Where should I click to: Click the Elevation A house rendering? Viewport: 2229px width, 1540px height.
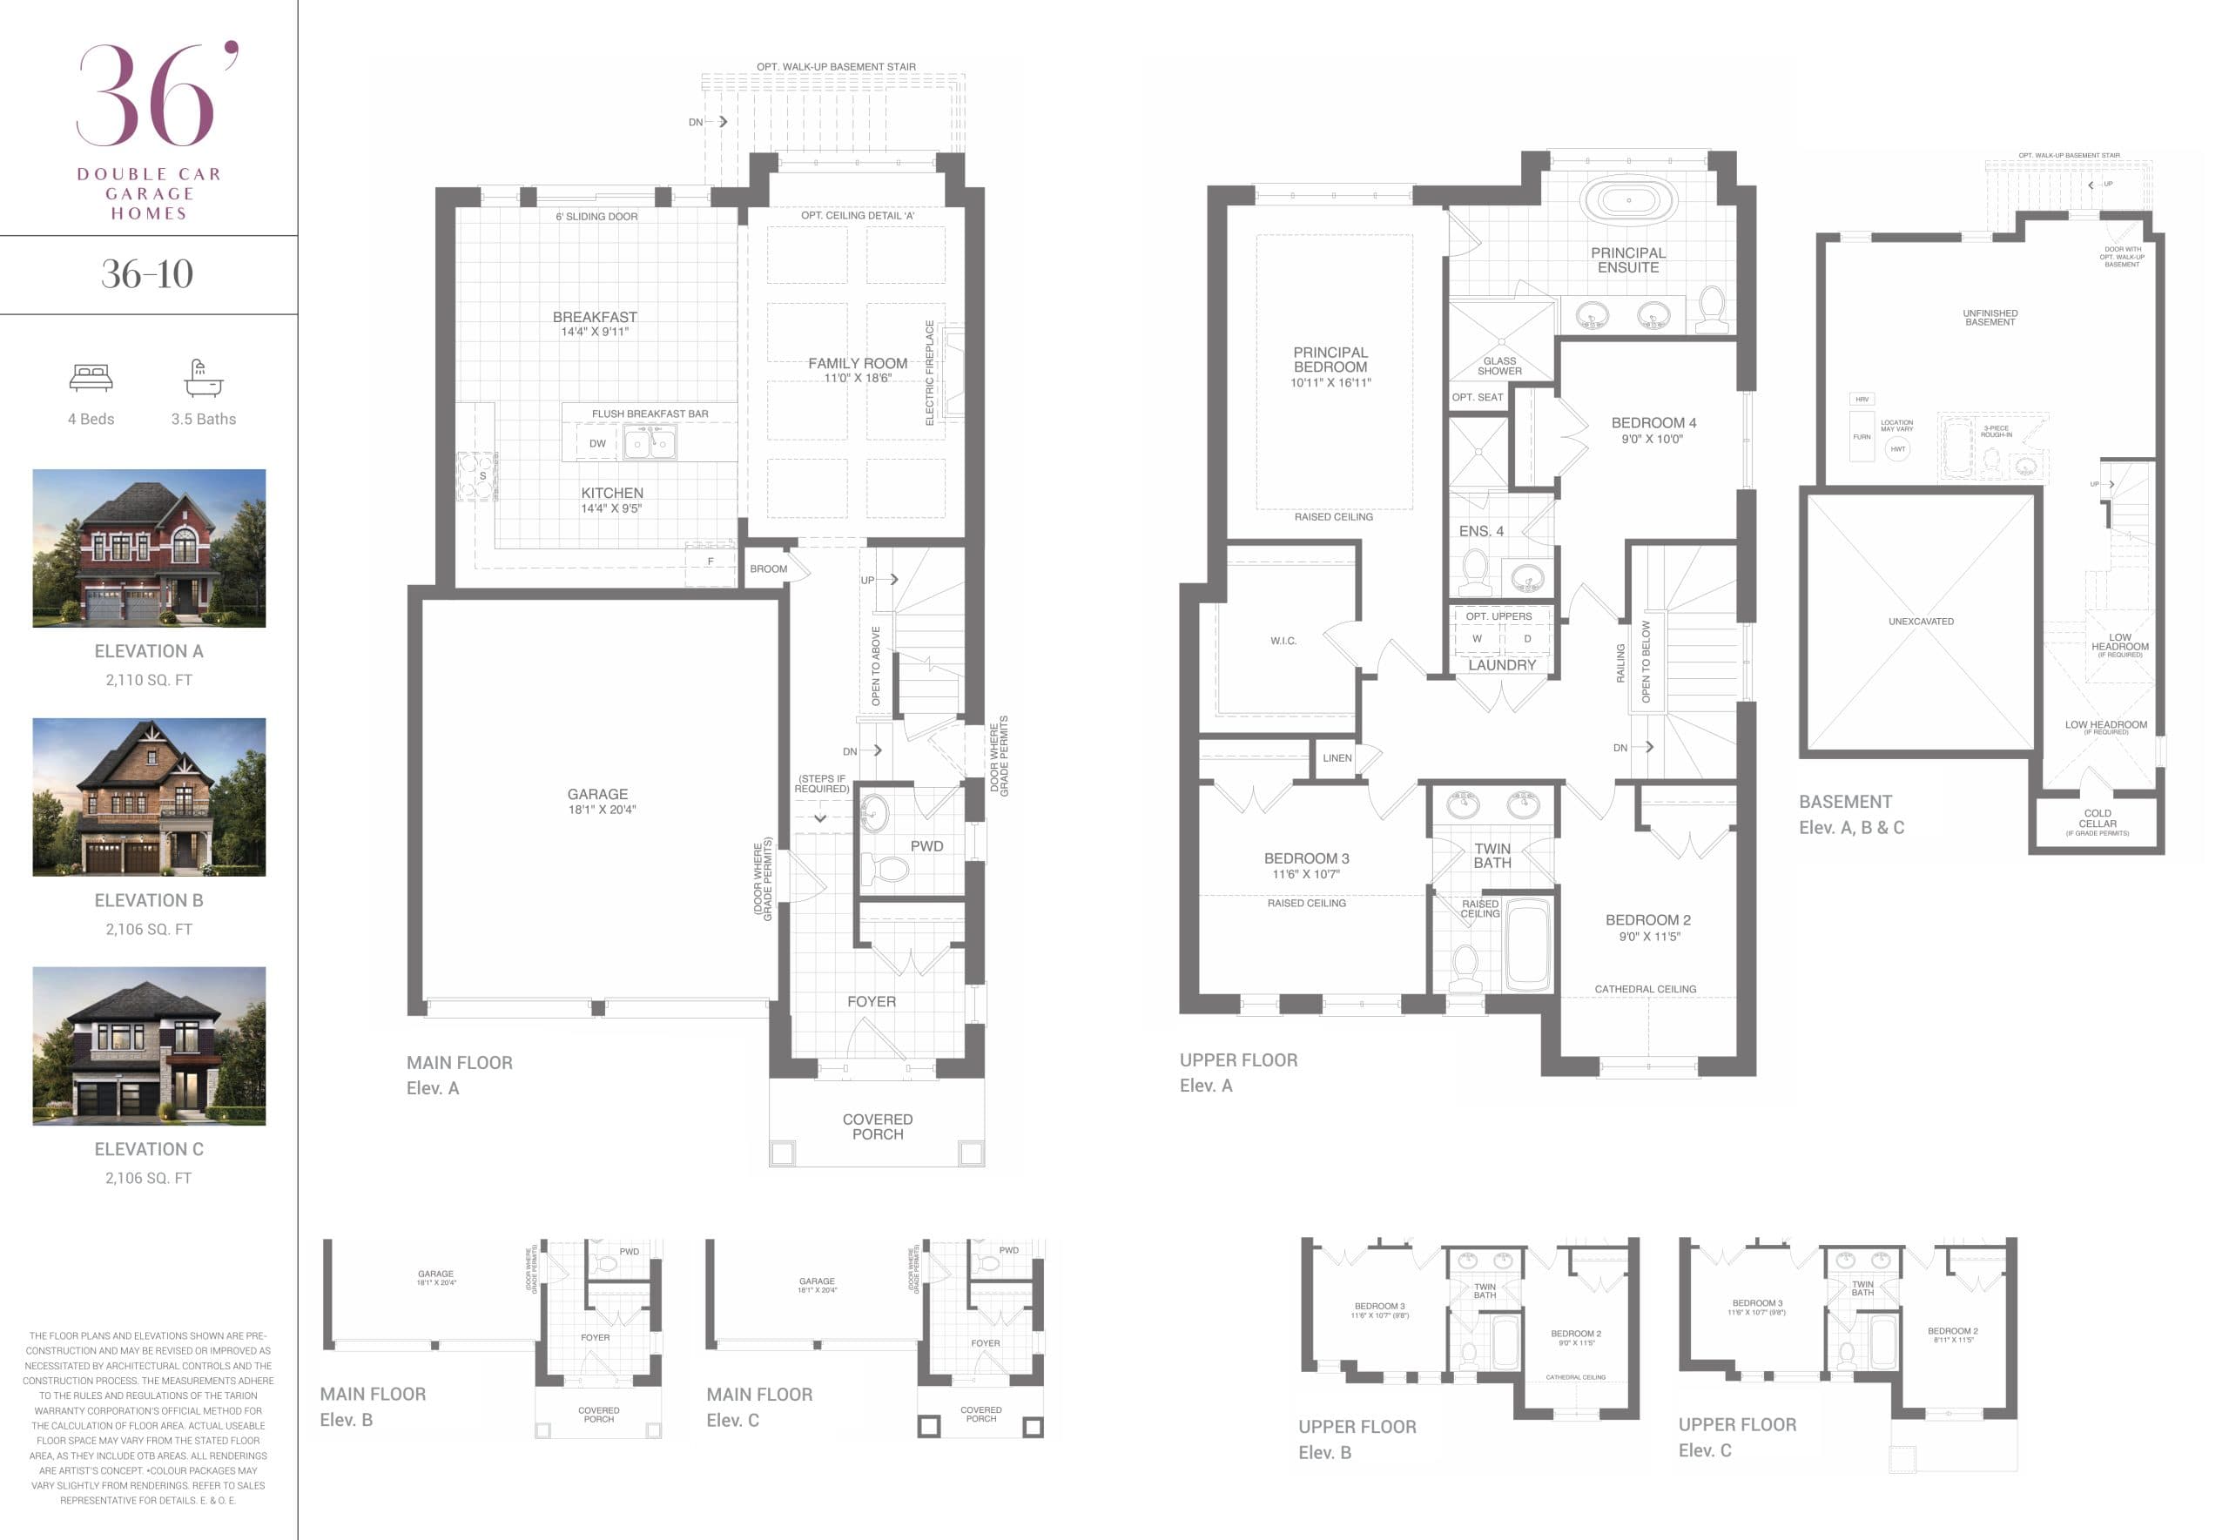coord(149,548)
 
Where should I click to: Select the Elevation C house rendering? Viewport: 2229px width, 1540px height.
coord(149,1046)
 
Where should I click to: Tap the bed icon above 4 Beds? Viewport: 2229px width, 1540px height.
coord(91,377)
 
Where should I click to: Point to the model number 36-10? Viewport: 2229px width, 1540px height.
coord(148,274)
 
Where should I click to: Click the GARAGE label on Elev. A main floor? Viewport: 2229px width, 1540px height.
coord(597,794)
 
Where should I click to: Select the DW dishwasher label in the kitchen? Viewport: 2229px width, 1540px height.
coord(597,444)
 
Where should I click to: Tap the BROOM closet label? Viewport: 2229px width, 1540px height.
coord(768,569)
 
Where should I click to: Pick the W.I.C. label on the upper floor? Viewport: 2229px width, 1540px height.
coord(1283,641)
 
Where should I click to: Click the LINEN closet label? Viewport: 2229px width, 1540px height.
coord(1337,758)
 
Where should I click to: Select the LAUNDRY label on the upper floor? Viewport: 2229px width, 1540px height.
coord(1501,666)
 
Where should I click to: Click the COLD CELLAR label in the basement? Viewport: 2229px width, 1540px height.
coord(2097,818)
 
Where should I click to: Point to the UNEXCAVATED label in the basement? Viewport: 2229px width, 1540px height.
coord(1920,622)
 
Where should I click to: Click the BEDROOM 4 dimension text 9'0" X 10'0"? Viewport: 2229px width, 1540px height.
coord(1651,439)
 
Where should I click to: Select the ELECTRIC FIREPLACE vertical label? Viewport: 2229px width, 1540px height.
coord(929,373)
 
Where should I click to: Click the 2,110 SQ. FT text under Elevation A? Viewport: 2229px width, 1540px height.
coord(149,680)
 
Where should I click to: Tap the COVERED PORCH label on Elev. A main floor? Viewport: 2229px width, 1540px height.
coord(877,1126)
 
